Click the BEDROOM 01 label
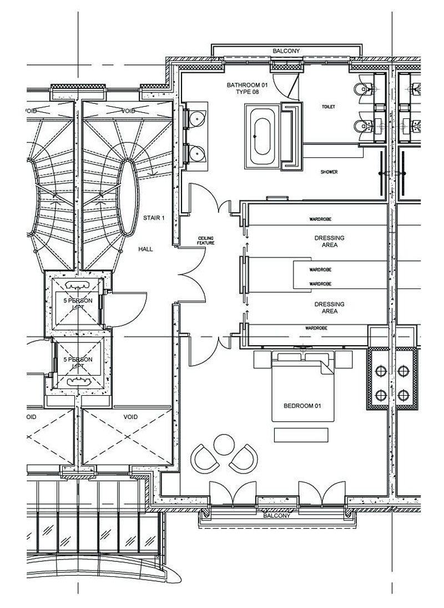[302, 406]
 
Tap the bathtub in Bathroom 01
[260, 137]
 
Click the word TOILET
[329, 106]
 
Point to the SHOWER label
[329, 172]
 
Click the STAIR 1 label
[154, 218]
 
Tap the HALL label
[145, 250]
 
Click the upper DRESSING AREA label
[329, 241]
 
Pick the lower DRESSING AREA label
[329, 307]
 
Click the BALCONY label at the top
[286, 51]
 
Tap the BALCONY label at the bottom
[276, 516]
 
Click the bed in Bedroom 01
[302, 389]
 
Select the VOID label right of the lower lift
[130, 416]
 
